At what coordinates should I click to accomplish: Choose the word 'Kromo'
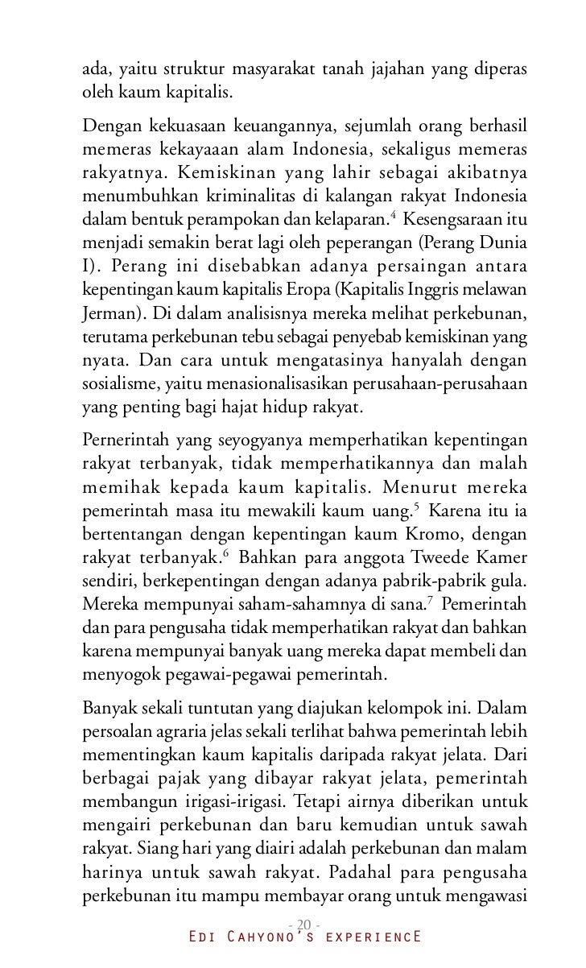[x=434, y=532]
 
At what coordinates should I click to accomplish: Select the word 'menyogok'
[x=116, y=668]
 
